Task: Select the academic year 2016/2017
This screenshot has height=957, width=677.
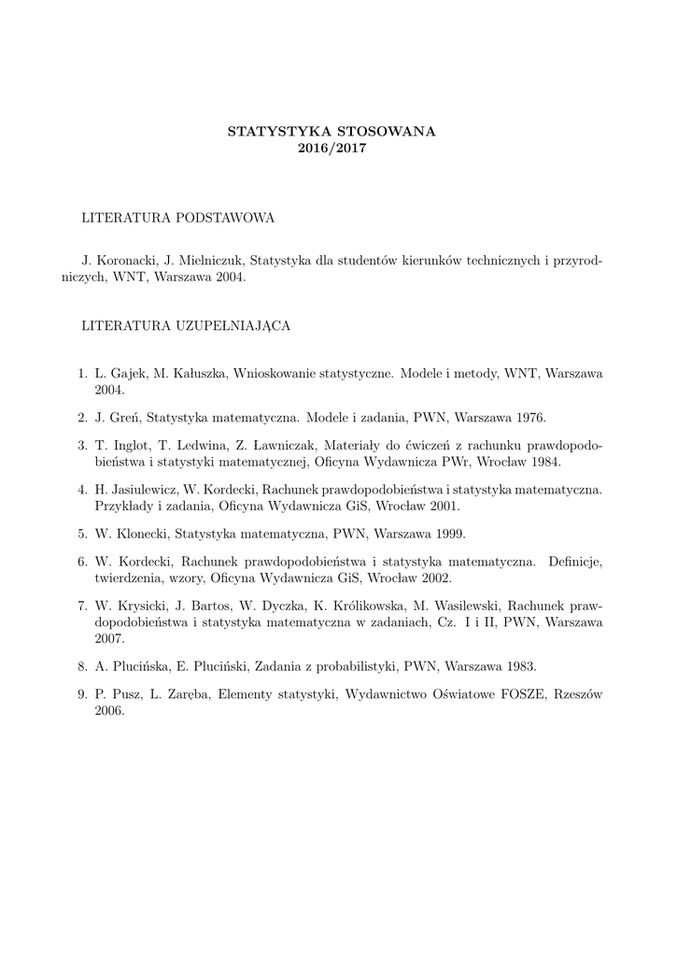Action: click(x=331, y=149)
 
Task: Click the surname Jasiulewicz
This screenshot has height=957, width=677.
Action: click(x=144, y=489)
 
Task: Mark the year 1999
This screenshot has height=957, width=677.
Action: click(x=446, y=534)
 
